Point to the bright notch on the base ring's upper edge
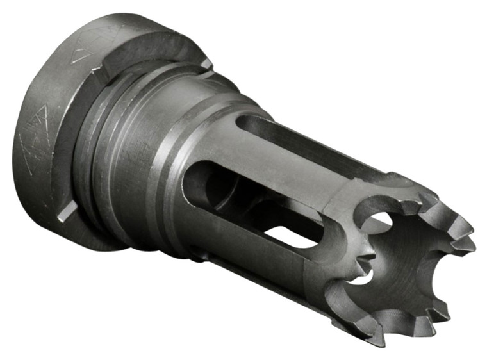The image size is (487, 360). pyautogui.click(x=206, y=63)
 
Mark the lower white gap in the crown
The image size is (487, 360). pyautogui.click(x=361, y=277)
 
